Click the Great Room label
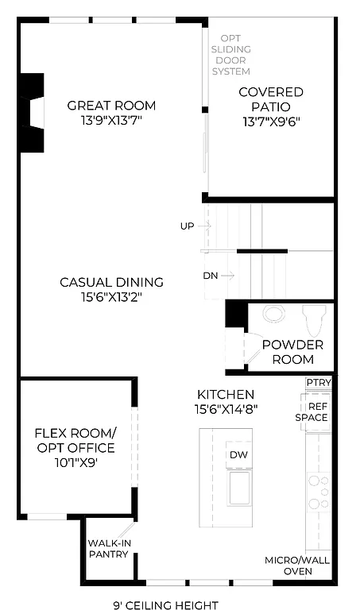(x=111, y=106)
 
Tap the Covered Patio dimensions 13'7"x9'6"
(x=271, y=122)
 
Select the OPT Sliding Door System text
(x=230, y=54)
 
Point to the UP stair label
(x=188, y=226)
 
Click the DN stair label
(x=211, y=276)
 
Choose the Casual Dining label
(x=112, y=282)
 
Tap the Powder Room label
(x=292, y=352)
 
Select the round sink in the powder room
(x=274, y=315)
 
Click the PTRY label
(x=318, y=383)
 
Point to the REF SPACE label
(x=312, y=411)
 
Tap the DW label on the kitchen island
(x=238, y=455)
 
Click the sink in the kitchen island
(x=239, y=487)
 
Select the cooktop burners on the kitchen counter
(x=319, y=492)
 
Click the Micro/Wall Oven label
(x=297, y=566)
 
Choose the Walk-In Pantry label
(x=108, y=548)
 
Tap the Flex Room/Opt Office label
(x=75, y=447)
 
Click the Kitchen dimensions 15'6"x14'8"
(x=226, y=408)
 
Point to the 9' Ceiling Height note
(x=165, y=605)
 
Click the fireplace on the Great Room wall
(x=32, y=113)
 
